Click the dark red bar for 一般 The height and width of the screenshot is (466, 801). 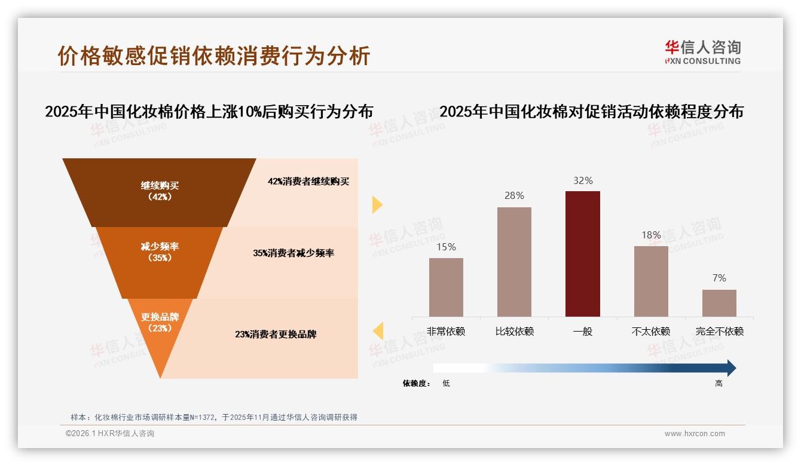[x=582, y=254]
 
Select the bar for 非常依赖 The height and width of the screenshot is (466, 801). [x=446, y=287]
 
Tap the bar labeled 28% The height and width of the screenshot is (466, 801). [x=514, y=262]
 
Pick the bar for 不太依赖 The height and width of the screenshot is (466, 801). [x=651, y=281]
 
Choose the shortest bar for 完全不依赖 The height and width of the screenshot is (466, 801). [x=719, y=303]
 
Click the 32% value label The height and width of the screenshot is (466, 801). [x=582, y=180]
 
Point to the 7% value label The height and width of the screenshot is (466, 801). [x=719, y=278]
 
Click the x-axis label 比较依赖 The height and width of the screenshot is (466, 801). [x=514, y=331]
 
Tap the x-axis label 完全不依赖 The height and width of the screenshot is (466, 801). [x=719, y=331]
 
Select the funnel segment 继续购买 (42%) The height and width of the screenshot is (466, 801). [x=160, y=191]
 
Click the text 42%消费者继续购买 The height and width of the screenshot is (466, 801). [x=308, y=182]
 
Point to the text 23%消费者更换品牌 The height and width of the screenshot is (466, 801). [x=276, y=335]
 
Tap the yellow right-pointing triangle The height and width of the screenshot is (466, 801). [x=377, y=204]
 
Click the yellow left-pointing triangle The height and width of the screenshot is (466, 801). [x=378, y=330]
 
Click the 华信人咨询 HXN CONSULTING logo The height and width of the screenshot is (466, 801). [x=702, y=52]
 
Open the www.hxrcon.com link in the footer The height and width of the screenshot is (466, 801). [x=695, y=434]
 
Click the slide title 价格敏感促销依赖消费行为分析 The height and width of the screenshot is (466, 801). [x=214, y=56]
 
